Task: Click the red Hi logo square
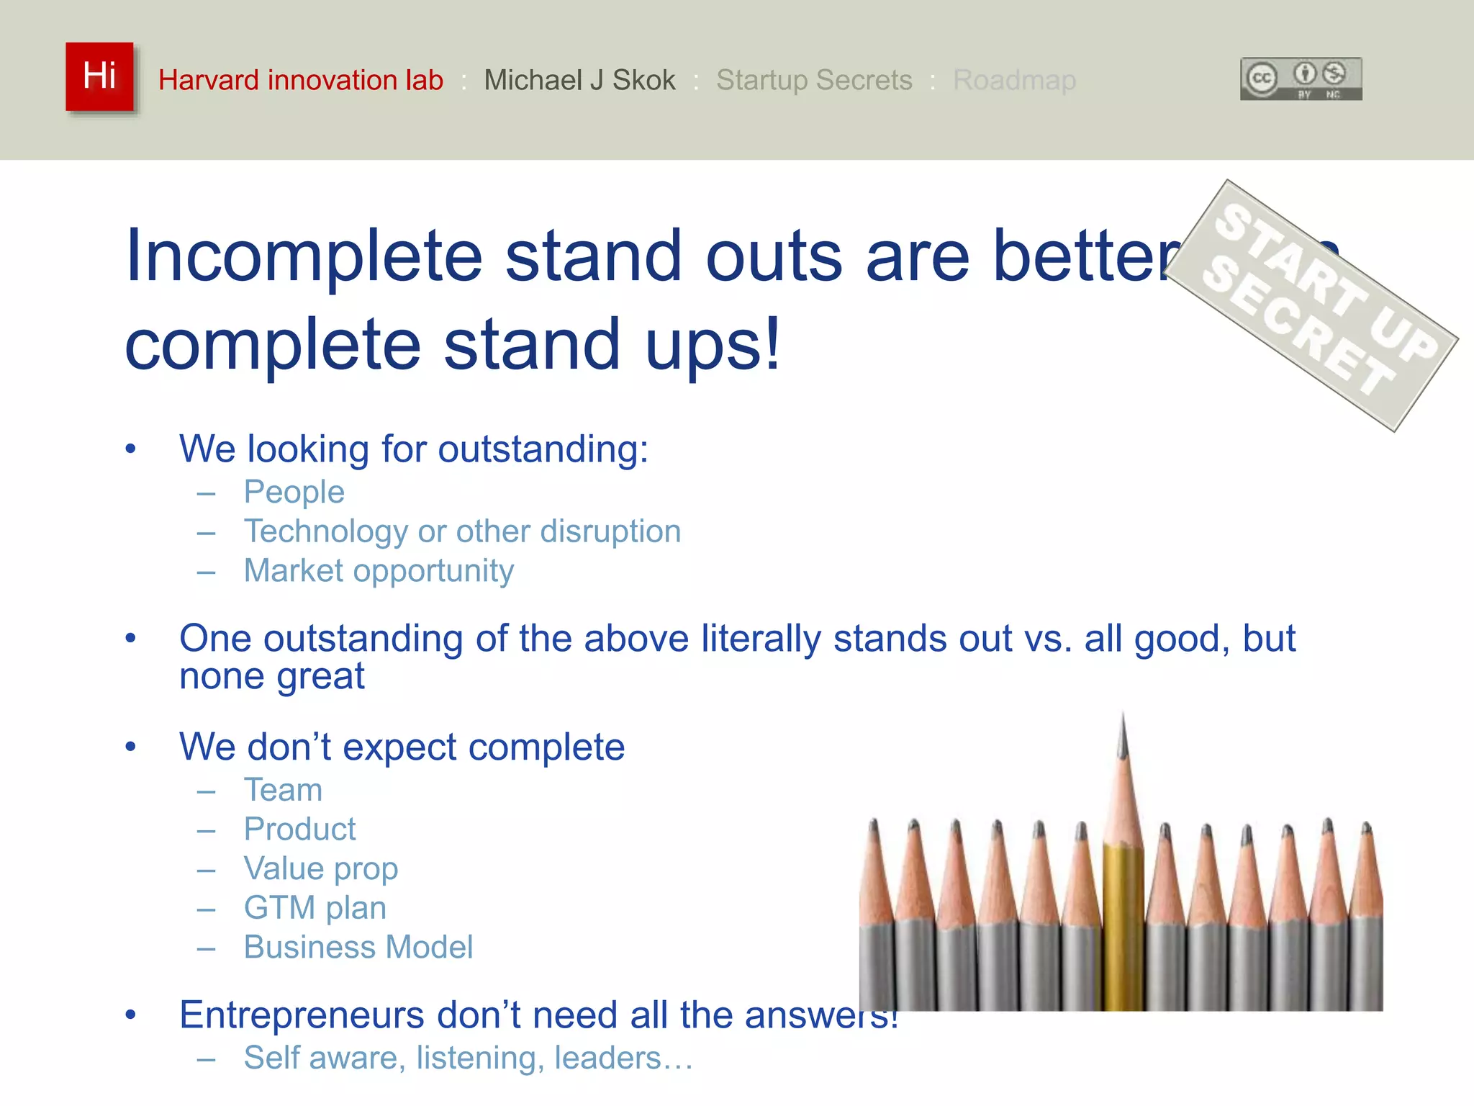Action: pyautogui.click(x=99, y=76)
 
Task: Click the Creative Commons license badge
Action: pyautogui.click(x=1301, y=78)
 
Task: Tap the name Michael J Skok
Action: pyautogui.click(x=579, y=80)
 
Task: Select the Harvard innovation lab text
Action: pyautogui.click(x=300, y=80)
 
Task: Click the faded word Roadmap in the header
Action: pyautogui.click(x=1014, y=80)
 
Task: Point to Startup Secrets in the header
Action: pyautogui.click(x=814, y=80)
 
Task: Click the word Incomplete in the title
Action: pyautogui.click(x=303, y=256)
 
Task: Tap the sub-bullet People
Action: pyautogui.click(x=294, y=493)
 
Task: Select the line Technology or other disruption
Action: pyautogui.click(x=462, y=531)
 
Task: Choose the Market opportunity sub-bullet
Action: pyautogui.click(x=379, y=571)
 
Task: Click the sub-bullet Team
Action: pyautogui.click(x=283, y=790)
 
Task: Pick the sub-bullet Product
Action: pyautogui.click(x=299, y=829)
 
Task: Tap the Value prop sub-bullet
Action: pyautogui.click(x=320, y=869)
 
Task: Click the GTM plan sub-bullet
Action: pyautogui.click(x=315, y=908)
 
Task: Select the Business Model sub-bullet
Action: pyautogui.click(x=358, y=948)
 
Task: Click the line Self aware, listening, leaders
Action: pyautogui.click(x=468, y=1058)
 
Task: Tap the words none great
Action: pyautogui.click(x=271, y=677)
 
